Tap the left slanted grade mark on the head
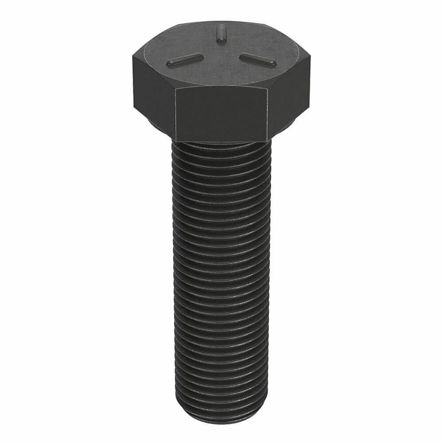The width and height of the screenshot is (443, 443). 185,59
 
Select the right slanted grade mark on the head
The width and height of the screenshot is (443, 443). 258,60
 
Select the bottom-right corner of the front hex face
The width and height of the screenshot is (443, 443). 267,141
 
